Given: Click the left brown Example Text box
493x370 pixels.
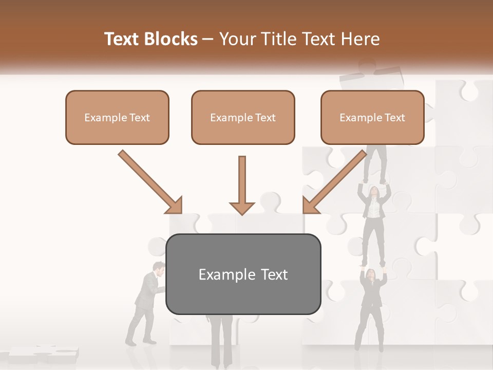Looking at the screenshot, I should pos(117,118).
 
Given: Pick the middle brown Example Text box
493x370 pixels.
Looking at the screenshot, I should pos(243,118).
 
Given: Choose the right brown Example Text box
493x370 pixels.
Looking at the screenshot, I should pos(372,118).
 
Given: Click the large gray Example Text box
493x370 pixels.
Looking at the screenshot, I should pos(243,274).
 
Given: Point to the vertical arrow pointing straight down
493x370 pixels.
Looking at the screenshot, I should pos(242,185).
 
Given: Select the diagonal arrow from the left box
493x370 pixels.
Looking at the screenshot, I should pos(150,181).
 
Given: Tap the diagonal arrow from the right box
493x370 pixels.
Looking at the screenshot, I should pos(335,181).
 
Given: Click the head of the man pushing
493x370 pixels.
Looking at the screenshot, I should pos(160,268).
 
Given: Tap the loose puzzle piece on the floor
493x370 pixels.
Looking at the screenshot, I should pos(44,354).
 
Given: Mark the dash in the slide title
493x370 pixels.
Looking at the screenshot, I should pos(208,40).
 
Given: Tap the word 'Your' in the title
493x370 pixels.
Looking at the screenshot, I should pos(236,39).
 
